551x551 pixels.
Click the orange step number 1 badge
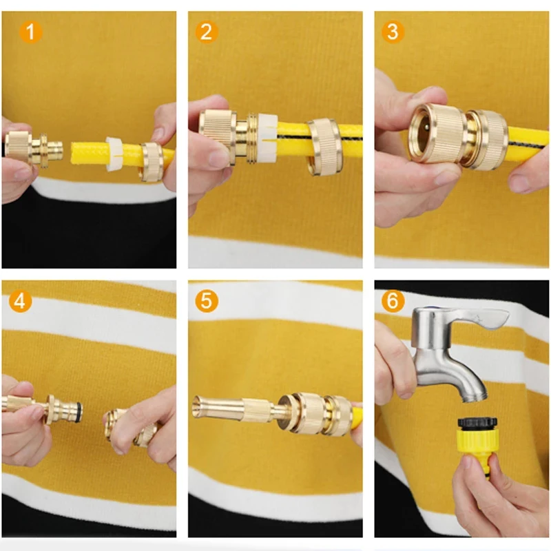pos(30,32)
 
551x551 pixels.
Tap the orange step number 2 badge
pos(207,32)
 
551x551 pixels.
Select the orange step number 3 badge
pos(393,32)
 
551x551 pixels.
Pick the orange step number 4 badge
pos(21,301)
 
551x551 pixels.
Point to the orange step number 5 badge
pos(207,301)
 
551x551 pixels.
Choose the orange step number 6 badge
pos(393,301)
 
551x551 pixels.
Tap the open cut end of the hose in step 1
pos(74,153)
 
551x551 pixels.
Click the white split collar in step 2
pos(267,138)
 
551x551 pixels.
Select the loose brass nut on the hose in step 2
pos(324,147)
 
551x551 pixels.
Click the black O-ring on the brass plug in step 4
pos(80,411)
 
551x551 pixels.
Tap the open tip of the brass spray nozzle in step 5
pos(196,408)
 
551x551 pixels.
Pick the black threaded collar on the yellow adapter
pos(477,422)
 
